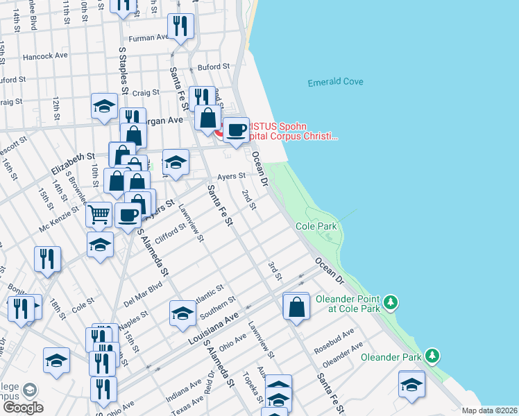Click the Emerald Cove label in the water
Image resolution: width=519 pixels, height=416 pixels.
(335, 82)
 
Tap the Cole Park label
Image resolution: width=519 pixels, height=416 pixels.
(316, 227)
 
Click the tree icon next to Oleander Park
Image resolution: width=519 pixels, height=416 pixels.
(433, 356)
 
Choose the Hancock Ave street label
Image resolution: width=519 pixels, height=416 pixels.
(44, 56)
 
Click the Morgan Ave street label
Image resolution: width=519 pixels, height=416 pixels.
(167, 120)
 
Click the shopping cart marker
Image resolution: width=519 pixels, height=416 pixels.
(99, 214)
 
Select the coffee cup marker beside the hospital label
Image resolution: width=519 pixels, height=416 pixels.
(237, 130)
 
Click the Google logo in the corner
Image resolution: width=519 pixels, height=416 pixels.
(22, 407)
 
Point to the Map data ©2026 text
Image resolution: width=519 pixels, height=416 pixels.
(490, 410)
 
